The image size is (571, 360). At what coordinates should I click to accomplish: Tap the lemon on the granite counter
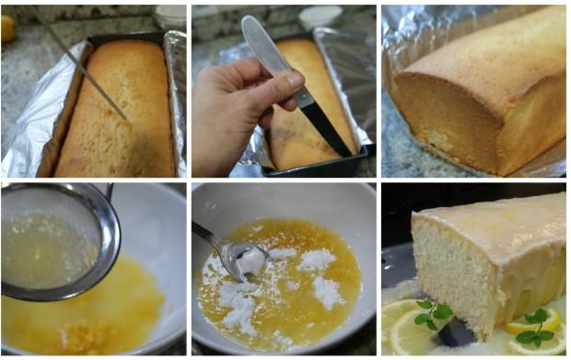point(7,28)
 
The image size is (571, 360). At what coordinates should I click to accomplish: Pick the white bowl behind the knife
point(320,17)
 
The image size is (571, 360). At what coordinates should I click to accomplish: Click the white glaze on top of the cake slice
point(497,221)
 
